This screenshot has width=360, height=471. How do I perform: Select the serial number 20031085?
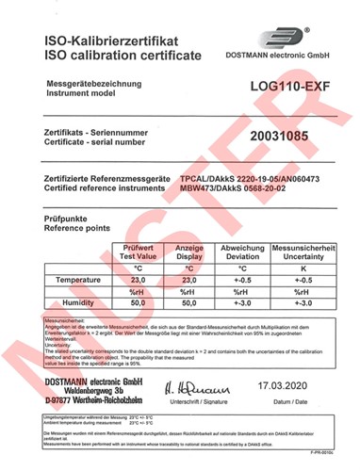click(x=281, y=137)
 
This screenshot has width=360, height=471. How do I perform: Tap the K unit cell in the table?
click(x=303, y=269)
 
